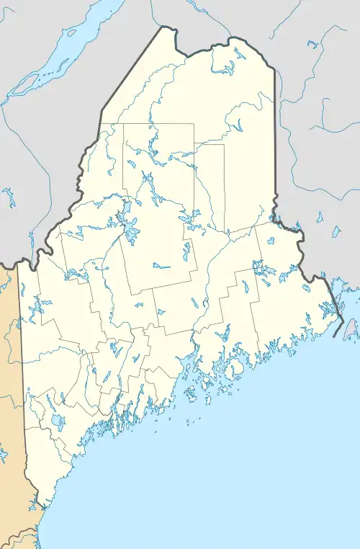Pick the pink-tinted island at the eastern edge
tap(351, 329)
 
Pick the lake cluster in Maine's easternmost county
tap(266, 271)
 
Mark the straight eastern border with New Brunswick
tap(275, 144)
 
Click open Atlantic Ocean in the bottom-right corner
tap(317, 504)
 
